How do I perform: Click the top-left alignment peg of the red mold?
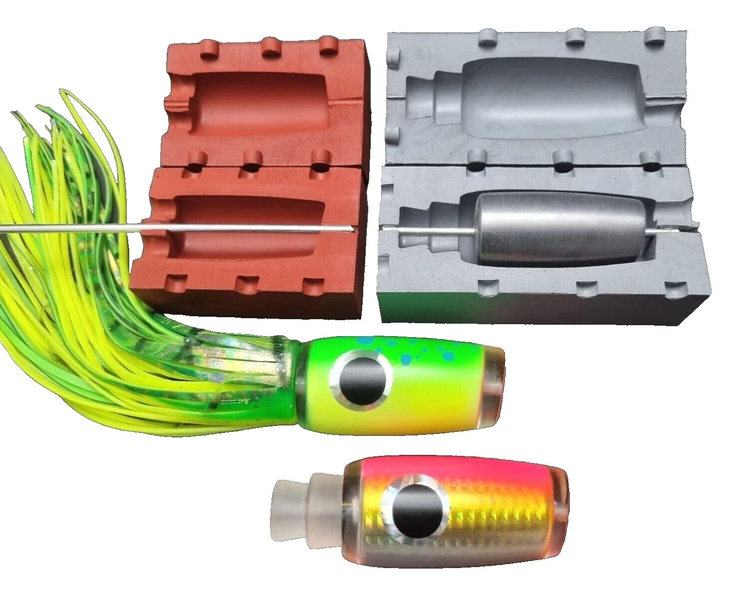214,48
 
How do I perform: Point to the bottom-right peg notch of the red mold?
314,286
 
